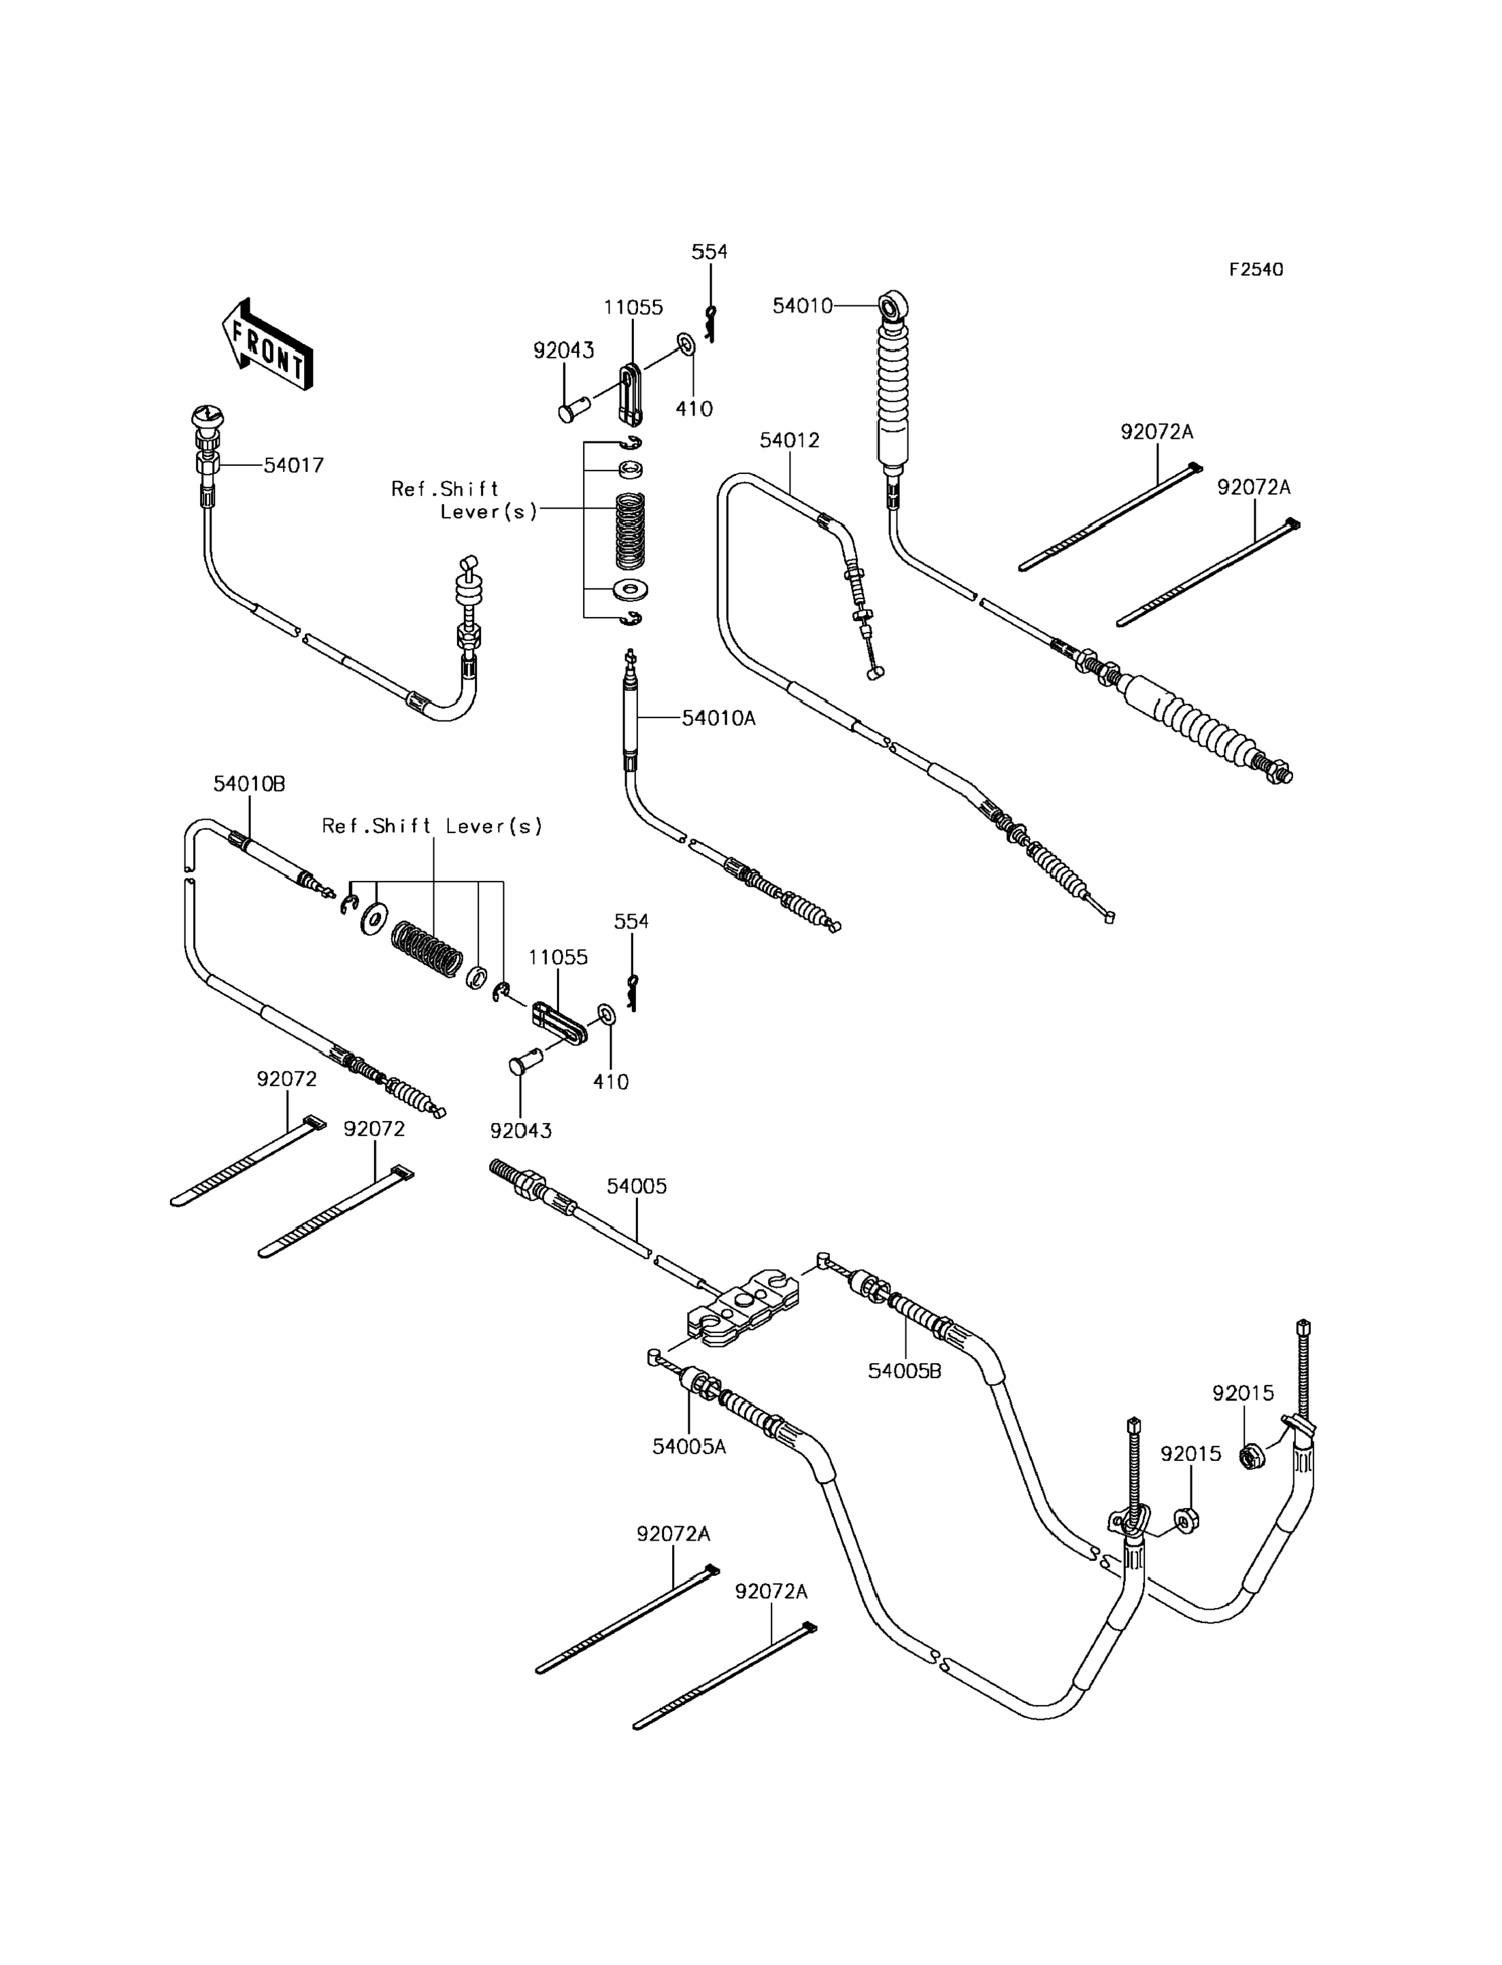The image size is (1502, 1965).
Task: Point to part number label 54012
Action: pyautogui.click(x=790, y=440)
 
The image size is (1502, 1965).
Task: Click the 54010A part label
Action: pyautogui.click(x=719, y=717)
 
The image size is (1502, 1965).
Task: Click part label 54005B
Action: pyautogui.click(x=905, y=1371)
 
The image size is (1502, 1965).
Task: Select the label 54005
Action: pyautogui.click(x=637, y=1186)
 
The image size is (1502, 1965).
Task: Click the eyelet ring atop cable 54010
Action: pyautogui.click(x=894, y=307)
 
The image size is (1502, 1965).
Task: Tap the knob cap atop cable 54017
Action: pyautogui.click(x=207, y=416)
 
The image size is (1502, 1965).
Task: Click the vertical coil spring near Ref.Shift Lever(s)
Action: pyautogui.click(x=631, y=531)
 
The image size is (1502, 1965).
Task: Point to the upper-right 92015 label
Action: pyautogui.click(x=1243, y=1393)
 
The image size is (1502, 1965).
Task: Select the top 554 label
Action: pyautogui.click(x=710, y=252)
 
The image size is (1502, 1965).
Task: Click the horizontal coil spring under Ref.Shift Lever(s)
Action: pyautogui.click(x=427, y=947)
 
